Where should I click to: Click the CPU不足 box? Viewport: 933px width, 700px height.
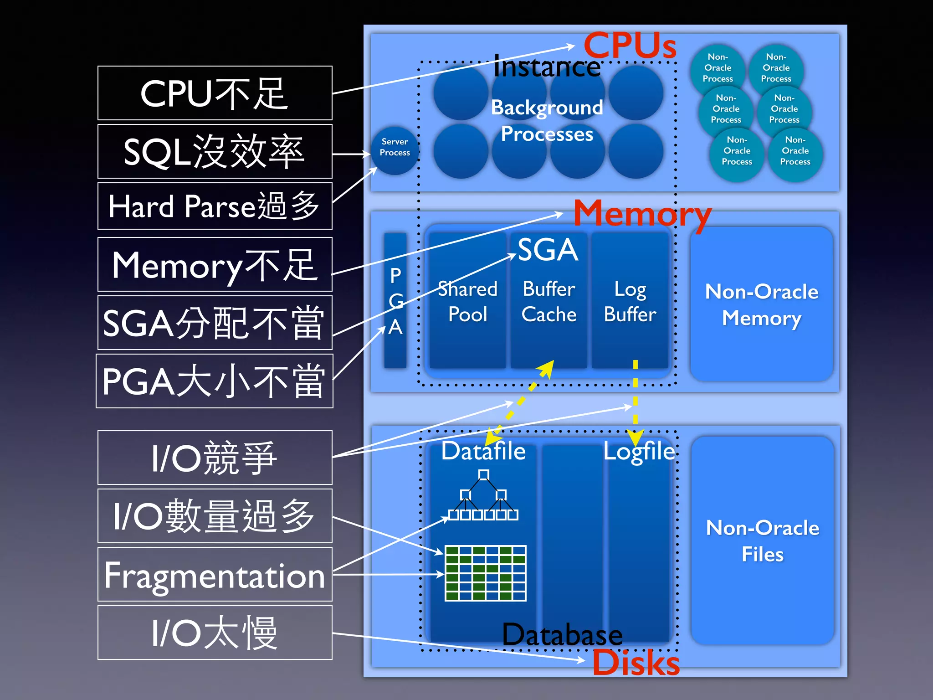click(x=215, y=93)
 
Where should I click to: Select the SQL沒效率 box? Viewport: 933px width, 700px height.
click(x=215, y=151)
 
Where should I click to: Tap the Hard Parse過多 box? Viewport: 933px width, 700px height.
click(x=215, y=206)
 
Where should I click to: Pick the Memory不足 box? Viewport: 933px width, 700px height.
click(x=215, y=264)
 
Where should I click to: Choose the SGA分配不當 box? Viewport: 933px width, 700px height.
click(x=215, y=323)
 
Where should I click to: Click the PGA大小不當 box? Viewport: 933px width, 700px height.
click(x=215, y=381)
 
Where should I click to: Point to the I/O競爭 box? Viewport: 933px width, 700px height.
click(x=215, y=458)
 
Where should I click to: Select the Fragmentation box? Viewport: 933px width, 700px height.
click(x=215, y=574)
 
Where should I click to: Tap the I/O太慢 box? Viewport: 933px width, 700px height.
click(x=215, y=633)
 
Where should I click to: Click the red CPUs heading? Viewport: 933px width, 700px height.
click(x=630, y=46)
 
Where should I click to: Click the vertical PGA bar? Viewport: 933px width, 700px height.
click(x=395, y=301)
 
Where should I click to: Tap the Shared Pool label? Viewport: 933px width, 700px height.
click(x=467, y=302)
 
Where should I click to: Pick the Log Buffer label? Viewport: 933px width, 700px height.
click(x=630, y=302)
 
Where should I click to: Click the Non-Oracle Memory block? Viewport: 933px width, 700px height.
click(x=761, y=304)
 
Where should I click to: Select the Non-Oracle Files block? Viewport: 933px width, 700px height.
click(x=762, y=540)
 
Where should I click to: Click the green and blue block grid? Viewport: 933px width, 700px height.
click(x=485, y=573)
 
